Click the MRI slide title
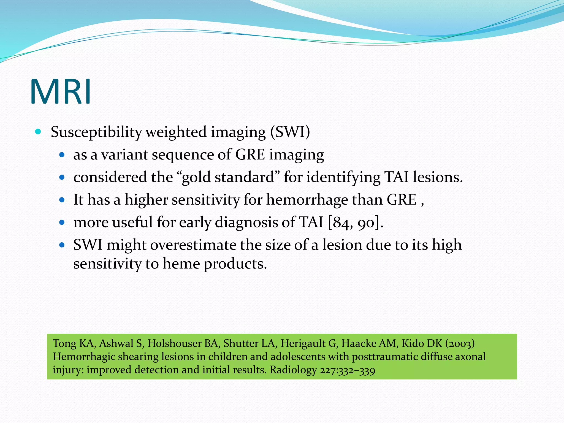tap(61, 92)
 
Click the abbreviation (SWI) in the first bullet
tap(290, 132)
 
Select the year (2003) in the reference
tap(460, 343)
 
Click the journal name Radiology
tap(293, 370)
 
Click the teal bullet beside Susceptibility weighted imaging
tap(38, 132)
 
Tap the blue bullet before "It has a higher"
tap(62, 200)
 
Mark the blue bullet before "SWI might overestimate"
tap(62, 245)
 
